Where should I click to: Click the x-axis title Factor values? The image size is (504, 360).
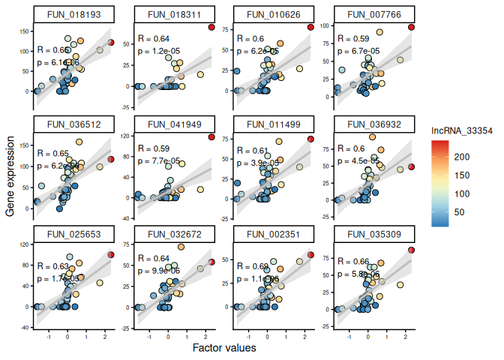click(224, 349)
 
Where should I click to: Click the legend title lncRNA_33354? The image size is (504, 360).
click(461, 130)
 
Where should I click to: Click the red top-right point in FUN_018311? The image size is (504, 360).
click(211, 28)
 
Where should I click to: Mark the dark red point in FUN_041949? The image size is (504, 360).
click(211, 137)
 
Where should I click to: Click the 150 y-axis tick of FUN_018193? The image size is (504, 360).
click(25, 31)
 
